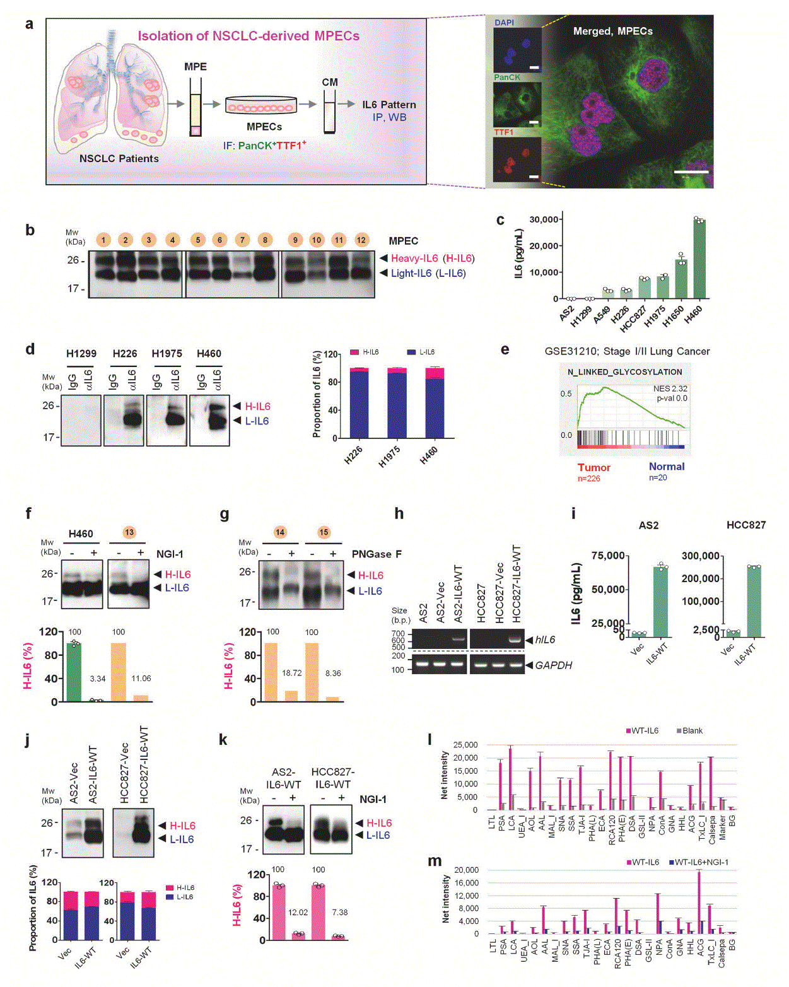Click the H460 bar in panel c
click(699, 259)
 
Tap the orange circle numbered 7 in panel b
click(242, 240)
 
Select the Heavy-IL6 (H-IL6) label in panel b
click(432, 258)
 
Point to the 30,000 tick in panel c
click(544, 219)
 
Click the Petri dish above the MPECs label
click(260, 105)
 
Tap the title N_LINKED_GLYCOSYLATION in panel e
click(624, 372)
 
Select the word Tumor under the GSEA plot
click(593, 467)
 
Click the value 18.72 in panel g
click(291, 673)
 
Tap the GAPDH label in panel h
click(553, 665)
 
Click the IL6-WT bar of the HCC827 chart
click(754, 602)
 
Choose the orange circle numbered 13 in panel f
click(129, 532)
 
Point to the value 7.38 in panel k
click(339, 912)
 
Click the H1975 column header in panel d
click(167, 353)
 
